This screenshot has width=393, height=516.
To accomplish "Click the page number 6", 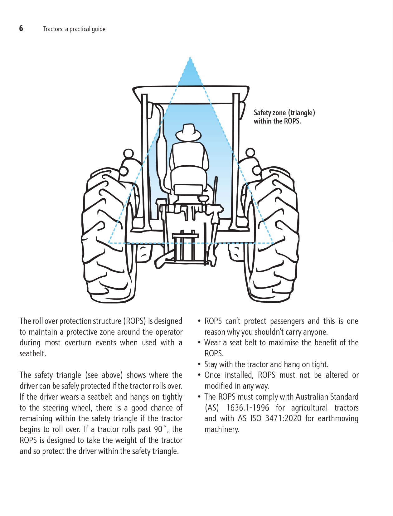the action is click(21, 28).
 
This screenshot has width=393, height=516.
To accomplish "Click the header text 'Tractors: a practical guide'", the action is click(74, 29).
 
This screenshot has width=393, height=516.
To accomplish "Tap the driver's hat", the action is click(188, 132).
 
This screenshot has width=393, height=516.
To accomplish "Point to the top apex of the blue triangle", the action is click(190, 57).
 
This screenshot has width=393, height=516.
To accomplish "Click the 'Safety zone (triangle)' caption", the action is click(284, 113).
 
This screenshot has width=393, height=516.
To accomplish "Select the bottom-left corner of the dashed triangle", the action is click(109, 243).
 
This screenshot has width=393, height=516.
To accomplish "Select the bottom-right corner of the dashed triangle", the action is click(273, 243).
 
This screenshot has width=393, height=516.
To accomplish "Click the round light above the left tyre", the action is click(129, 153).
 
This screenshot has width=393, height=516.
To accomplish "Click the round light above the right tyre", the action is click(250, 153).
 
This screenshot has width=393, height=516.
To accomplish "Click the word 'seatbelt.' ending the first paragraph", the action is click(33, 354).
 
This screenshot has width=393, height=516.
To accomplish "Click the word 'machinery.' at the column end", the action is click(222, 430).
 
